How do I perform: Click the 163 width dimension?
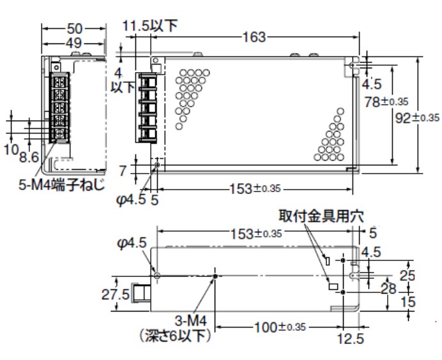254,38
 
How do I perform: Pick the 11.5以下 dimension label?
151,26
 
